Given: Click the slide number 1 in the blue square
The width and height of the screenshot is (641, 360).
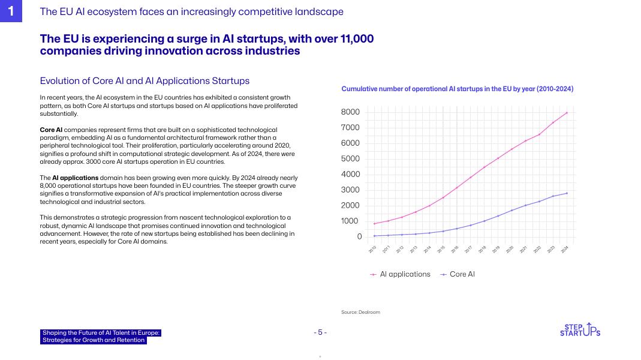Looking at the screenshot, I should (11, 11).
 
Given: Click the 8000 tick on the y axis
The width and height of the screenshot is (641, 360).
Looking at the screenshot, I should (351, 112).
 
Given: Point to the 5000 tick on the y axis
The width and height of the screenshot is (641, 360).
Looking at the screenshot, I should (351, 159).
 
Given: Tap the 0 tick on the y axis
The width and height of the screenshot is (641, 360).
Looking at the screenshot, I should (359, 237).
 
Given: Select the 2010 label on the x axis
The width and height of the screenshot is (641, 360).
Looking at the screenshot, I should (372, 249).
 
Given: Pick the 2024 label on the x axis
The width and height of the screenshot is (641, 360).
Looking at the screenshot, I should (564, 249).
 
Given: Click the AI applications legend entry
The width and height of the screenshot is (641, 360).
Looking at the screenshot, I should (401, 274).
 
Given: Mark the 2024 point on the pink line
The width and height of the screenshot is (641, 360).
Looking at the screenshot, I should (567, 113).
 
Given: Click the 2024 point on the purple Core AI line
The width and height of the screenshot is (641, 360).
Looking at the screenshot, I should (567, 193).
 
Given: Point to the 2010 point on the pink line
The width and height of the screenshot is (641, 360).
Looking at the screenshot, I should (374, 224).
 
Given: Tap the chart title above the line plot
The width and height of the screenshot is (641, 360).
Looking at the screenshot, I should (457, 89).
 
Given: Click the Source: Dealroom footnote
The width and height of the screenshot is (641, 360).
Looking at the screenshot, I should (360, 312).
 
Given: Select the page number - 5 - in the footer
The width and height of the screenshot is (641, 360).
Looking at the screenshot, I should (320, 332).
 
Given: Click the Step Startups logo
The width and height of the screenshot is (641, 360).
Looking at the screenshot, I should (579, 330).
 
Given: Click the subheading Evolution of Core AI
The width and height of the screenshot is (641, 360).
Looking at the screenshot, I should (145, 81).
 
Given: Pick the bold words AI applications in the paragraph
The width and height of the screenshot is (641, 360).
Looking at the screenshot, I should (75, 178).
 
